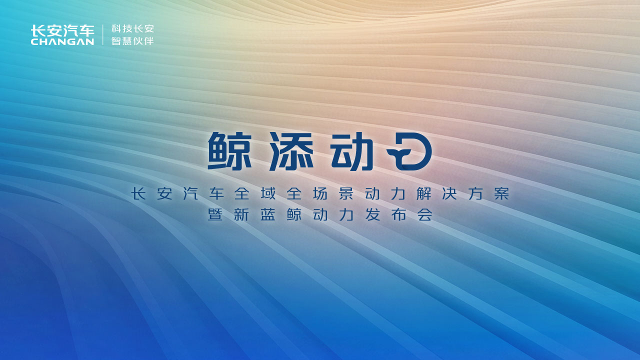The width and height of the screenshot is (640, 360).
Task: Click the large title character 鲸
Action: (x=229, y=151)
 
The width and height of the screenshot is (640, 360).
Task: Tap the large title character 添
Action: (x=291, y=151)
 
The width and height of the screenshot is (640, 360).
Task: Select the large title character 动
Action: (x=352, y=151)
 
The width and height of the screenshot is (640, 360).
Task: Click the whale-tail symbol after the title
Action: (x=409, y=151)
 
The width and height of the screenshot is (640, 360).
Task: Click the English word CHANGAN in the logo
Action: (x=62, y=41)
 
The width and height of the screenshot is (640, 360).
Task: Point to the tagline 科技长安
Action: (x=132, y=28)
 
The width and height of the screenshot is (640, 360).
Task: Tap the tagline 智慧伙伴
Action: (x=132, y=41)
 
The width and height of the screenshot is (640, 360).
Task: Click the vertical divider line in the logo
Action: (x=102, y=35)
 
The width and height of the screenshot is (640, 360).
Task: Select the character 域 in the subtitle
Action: (x=268, y=193)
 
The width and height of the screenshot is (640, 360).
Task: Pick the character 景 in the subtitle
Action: (x=346, y=193)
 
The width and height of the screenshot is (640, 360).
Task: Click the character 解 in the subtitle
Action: (x=423, y=193)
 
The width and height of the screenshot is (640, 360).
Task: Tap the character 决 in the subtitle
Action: (x=449, y=193)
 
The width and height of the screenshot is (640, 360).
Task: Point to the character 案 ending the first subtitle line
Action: (x=501, y=193)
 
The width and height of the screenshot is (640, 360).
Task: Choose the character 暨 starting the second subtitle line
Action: (x=215, y=214)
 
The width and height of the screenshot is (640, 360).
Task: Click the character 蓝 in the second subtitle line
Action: (x=267, y=214)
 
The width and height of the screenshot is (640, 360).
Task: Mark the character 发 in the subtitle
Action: (x=372, y=214)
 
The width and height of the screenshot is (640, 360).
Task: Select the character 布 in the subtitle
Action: (x=399, y=214)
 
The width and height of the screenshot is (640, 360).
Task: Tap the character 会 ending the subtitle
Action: (x=425, y=214)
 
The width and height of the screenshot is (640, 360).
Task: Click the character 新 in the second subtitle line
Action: (x=241, y=214)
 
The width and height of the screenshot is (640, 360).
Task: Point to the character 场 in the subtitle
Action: (x=320, y=193)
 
